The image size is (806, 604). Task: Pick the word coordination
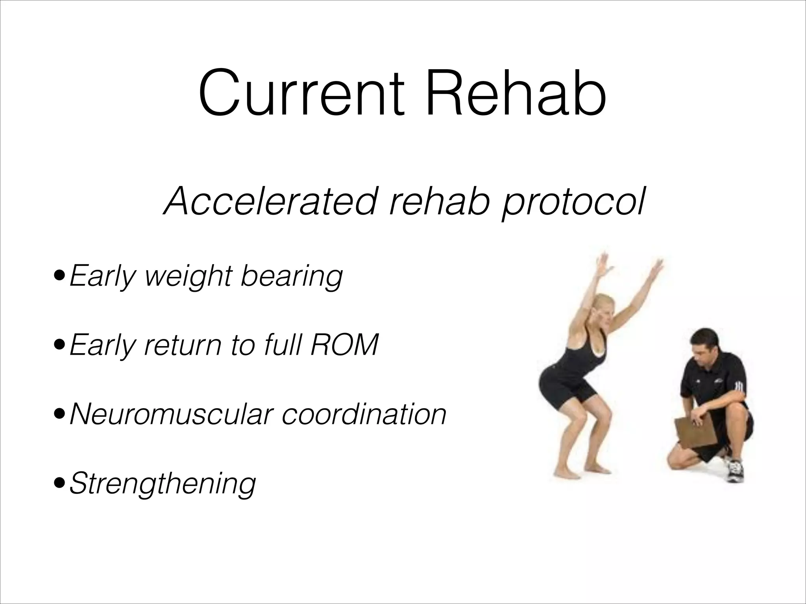click(x=364, y=414)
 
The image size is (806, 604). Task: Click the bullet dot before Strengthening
click(x=59, y=482)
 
